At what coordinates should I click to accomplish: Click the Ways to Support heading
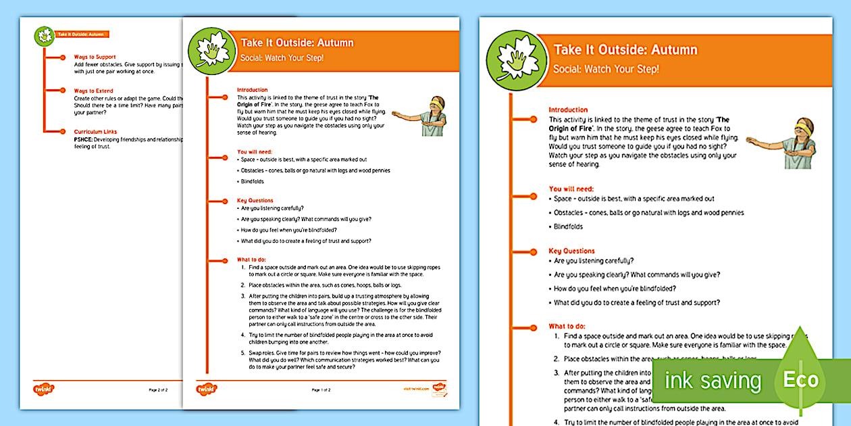coord(95,57)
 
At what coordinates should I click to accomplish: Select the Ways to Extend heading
coord(94,91)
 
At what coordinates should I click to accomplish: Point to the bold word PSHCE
coord(84,139)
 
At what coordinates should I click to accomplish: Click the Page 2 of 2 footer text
coord(157,390)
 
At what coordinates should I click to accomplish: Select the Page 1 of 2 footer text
coord(321,390)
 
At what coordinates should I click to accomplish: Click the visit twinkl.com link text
coord(416,389)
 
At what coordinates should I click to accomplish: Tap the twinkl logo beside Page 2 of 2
coord(44,389)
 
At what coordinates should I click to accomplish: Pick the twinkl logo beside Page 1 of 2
coord(207,389)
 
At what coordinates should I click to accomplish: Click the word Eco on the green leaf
coord(800,380)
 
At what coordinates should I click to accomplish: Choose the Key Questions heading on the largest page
coord(571,251)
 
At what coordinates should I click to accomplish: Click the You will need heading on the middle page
coord(255,152)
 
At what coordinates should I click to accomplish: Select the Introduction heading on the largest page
coord(568,110)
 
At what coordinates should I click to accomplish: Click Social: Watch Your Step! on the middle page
coord(282,57)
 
